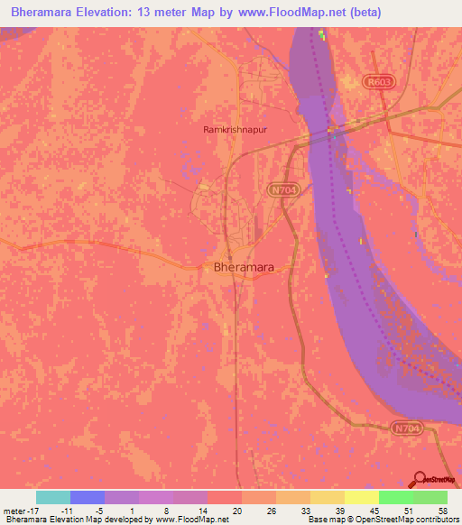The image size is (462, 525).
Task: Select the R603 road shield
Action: [x=378, y=82]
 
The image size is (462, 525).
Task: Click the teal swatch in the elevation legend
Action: [x=53, y=497]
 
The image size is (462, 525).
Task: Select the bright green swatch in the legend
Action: [x=396, y=497]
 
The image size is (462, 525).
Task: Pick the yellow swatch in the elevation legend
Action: [x=362, y=497]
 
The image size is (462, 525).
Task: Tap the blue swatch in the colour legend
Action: [x=88, y=497]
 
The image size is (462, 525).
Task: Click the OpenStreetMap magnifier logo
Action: [x=420, y=479]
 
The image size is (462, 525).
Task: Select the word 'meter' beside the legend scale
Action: [x=15, y=510]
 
